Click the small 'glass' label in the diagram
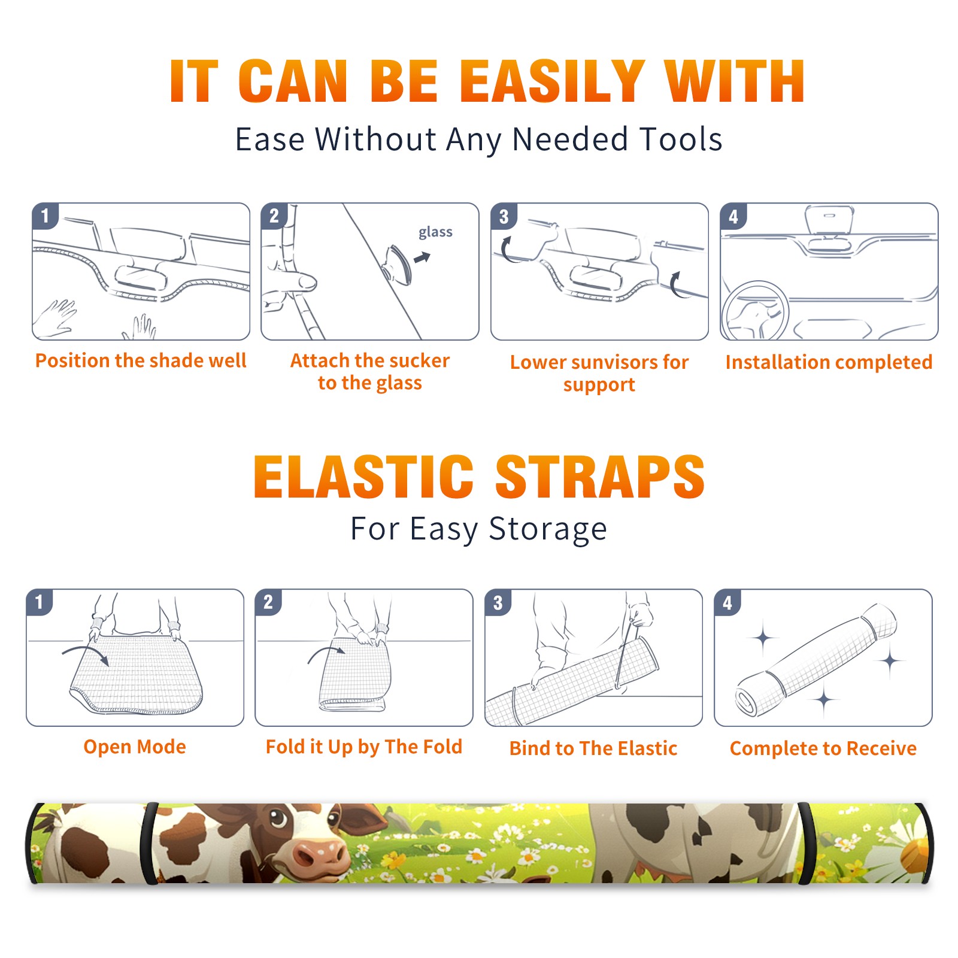point(435,232)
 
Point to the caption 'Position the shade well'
point(141,360)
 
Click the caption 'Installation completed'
point(829,362)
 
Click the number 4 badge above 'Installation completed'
point(733,216)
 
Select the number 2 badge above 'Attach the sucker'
point(274,216)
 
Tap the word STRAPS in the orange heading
point(600,477)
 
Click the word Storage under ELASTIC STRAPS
point(548,529)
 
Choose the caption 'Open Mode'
point(135,747)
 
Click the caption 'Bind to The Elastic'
point(593,748)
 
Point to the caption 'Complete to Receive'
point(823,748)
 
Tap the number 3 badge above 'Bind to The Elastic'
point(498,602)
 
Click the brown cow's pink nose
point(319,858)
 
